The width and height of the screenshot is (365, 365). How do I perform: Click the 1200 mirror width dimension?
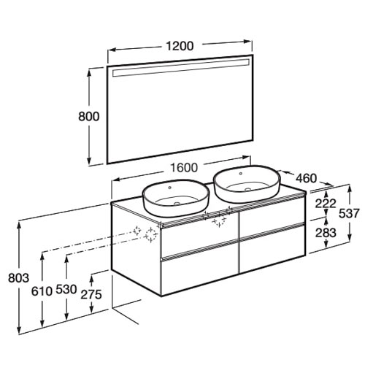tap(180, 46)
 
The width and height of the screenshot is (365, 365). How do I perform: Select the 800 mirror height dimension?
tap(89, 116)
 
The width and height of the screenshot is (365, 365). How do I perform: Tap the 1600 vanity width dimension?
tap(184, 168)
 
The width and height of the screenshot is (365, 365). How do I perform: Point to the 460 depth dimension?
tap(306, 178)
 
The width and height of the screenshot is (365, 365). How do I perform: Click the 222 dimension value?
tap(326, 204)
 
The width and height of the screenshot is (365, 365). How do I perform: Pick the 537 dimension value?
tap(349, 213)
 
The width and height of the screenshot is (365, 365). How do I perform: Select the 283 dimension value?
tap(326, 233)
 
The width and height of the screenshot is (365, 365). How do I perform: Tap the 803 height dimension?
tap(18, 278)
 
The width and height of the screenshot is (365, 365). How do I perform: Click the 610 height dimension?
tap(42, 291)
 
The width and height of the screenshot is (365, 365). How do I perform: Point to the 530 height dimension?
tap(66, 289)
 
